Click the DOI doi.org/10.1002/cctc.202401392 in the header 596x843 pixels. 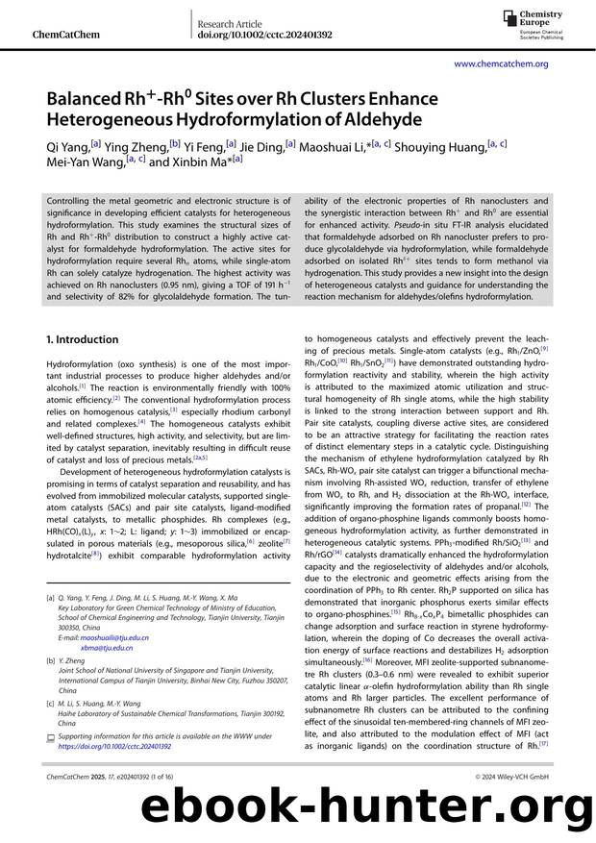[x=264, y=35]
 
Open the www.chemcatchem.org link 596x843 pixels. [x=500, y=63]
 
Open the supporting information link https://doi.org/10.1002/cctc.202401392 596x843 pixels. [x=114, y=745]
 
